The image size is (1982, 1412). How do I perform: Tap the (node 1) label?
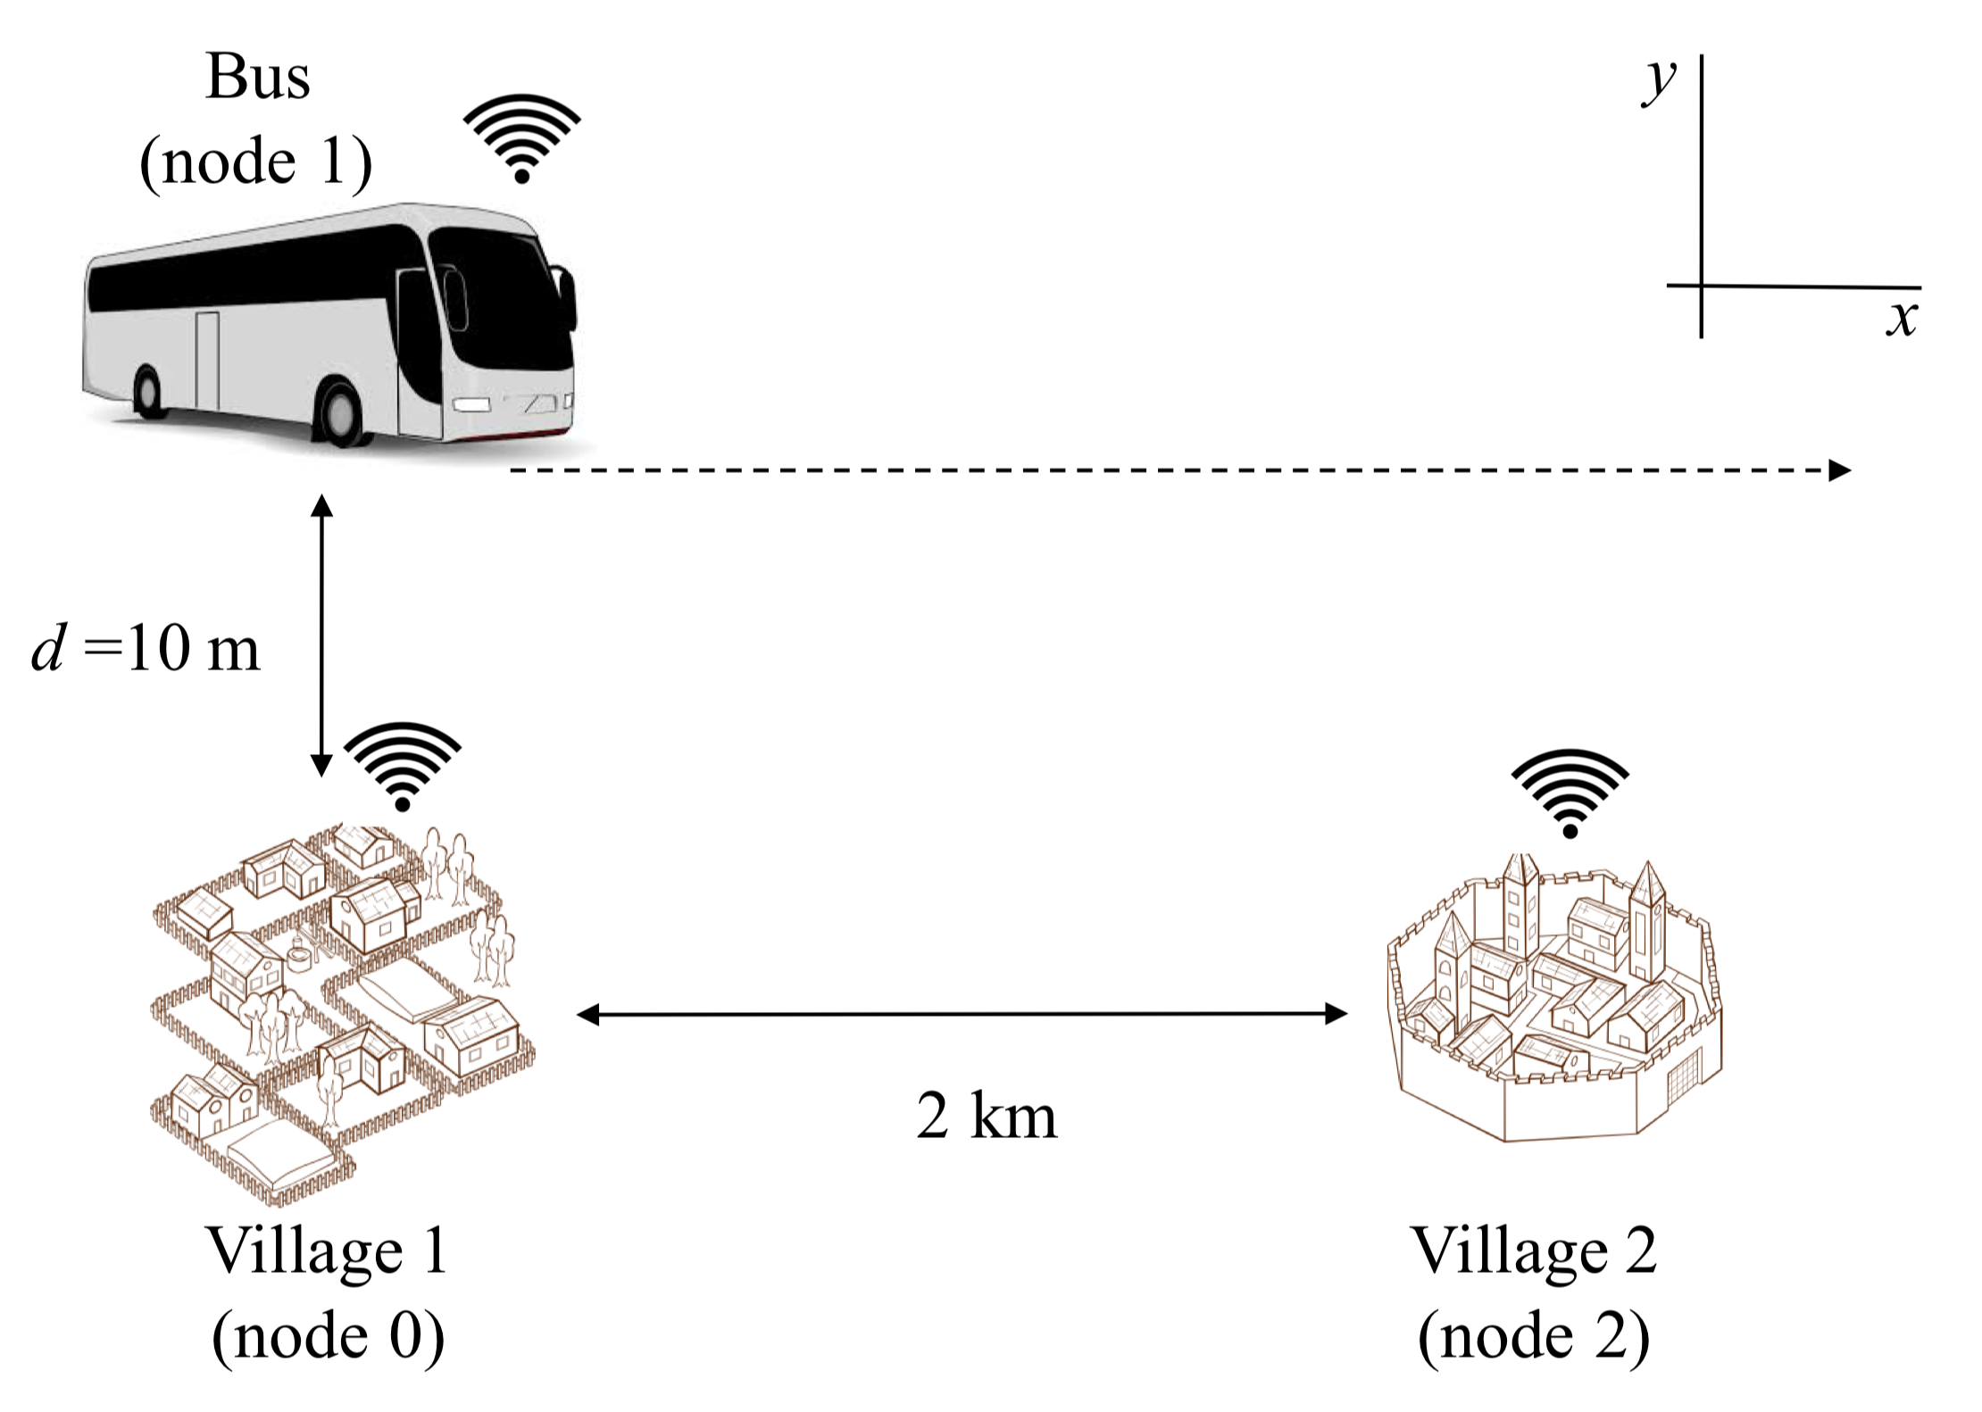256,162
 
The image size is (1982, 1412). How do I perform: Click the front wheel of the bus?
340,413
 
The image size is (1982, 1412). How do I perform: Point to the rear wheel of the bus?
147,392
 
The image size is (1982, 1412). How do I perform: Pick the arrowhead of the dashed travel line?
1840,470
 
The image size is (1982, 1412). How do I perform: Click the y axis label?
1660,82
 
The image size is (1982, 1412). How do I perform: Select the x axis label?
1902,318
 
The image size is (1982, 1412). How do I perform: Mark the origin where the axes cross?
1702,286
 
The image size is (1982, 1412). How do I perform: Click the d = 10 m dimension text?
146,648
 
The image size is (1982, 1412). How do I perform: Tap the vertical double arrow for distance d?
321,635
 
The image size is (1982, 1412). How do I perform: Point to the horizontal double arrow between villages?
962,1014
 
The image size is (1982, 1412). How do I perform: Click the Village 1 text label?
327,1252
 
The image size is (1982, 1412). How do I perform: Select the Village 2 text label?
1533,1252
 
